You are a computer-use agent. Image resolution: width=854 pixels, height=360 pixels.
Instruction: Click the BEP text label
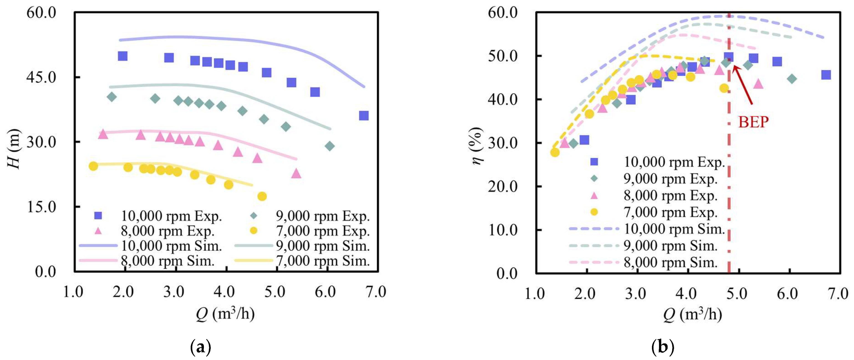753,122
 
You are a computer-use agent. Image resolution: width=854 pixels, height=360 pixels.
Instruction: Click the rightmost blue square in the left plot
364,116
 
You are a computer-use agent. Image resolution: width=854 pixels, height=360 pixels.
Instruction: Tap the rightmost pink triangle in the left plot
296,173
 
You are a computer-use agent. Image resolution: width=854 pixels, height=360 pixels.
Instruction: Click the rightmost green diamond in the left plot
329,146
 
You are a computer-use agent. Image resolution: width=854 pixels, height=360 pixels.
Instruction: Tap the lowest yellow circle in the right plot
555,152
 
